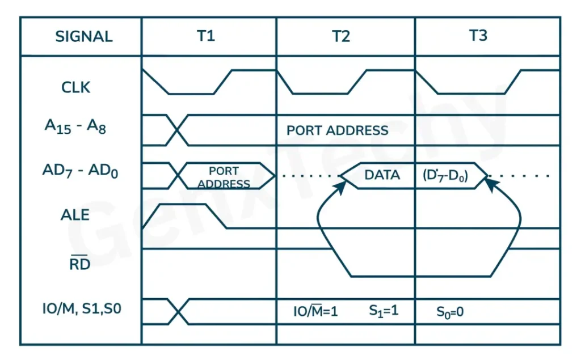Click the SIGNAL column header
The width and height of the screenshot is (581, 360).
tap(83, 37)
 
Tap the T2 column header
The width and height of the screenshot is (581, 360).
tap(340, 37)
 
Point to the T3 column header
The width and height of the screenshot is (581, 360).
tap(478, 36)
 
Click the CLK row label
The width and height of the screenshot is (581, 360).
tap(75, 88)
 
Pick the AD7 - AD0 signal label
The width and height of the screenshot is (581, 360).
tap(80, 171)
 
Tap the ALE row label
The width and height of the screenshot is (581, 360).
tap(75, 215)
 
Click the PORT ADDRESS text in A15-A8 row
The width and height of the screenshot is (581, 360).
tap(337, 130)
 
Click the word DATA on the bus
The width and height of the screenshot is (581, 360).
tap(382, 175)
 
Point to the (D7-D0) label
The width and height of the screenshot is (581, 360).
tap(445, 175)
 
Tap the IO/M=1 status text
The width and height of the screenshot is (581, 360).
tap(315, 311)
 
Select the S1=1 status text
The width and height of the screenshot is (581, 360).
tap(384, 311)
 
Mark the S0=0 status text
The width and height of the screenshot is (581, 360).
tap(449, 311)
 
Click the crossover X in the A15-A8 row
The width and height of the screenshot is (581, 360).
tap(178, 130)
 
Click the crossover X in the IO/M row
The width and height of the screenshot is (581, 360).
tap(178, 312)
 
